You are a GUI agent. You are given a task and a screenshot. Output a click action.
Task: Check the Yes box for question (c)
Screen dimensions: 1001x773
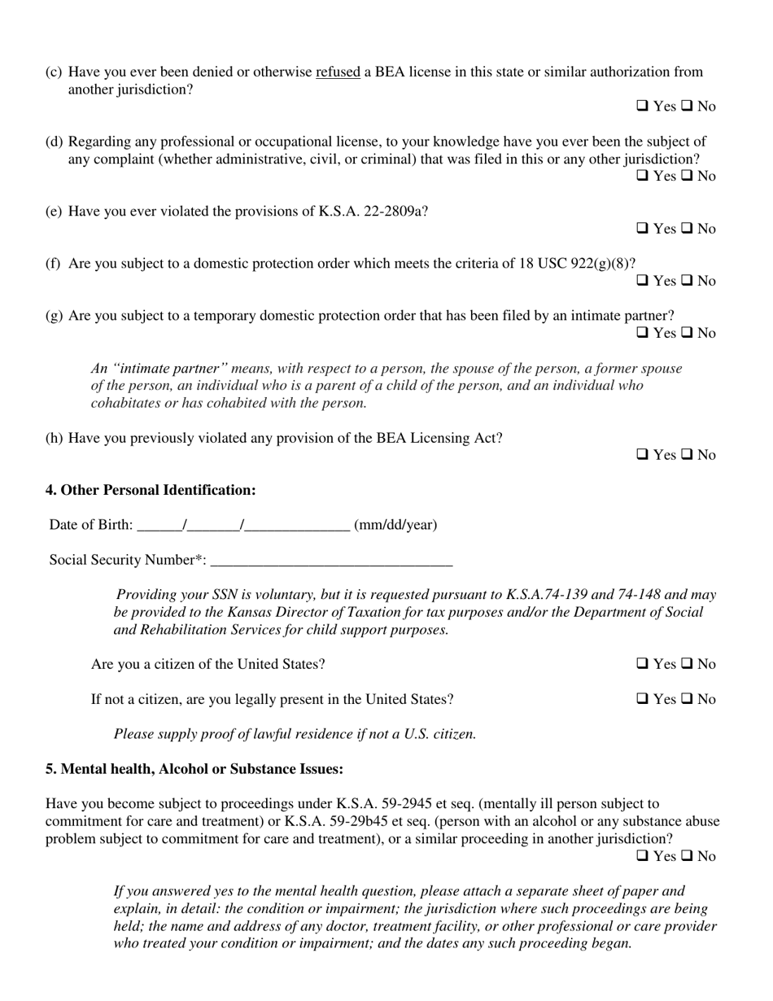[x=642, y=107]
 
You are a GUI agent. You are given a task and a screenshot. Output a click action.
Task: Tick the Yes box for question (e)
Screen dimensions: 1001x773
[x=642, y=229]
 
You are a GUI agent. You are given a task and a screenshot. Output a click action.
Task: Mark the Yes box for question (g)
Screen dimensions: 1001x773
[x=642, y=334]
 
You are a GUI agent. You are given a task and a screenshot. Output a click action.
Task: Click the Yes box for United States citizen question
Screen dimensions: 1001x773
[x=642, y=665]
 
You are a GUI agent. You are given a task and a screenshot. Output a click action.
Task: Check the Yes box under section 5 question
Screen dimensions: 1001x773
[x=642, y=857]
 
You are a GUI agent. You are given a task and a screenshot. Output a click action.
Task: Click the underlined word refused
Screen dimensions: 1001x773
[x=338, y=72]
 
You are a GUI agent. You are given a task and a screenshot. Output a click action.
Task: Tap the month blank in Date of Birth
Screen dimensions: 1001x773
[x=160, y=526]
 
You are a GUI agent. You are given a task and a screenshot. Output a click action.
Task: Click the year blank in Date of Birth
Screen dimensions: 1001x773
[x=297, y=526]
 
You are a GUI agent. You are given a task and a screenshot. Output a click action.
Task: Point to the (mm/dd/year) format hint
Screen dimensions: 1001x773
[x=395, y=525]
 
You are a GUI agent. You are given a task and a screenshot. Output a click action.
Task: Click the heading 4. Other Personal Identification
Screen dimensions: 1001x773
[x=151, y=490]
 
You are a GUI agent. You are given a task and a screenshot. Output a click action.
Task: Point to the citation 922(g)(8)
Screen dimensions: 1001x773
[x=602, y=264]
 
